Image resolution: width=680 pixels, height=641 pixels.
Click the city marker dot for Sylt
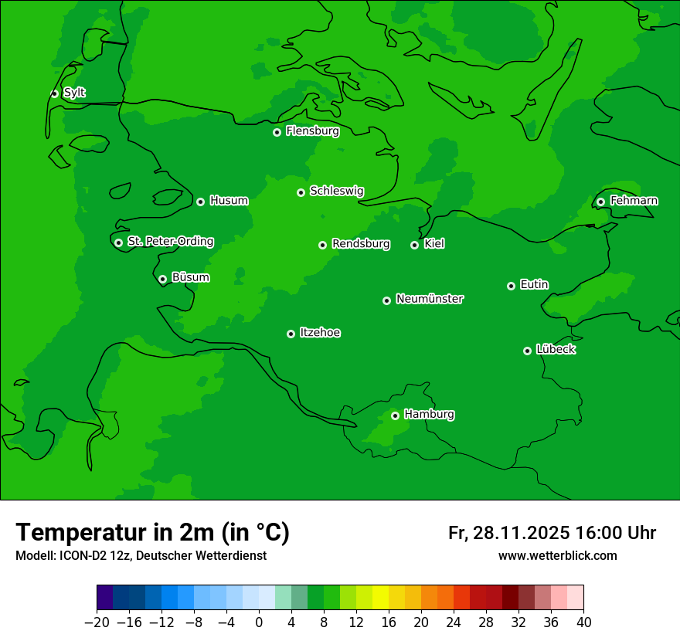(54, 93)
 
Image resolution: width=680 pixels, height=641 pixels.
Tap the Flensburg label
(312, 131)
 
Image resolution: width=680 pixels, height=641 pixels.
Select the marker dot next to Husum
(200, 202)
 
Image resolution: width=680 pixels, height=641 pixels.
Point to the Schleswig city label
(336, 191)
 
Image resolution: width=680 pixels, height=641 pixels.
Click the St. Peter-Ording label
(170, 241)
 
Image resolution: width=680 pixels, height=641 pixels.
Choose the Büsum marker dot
(162, 280)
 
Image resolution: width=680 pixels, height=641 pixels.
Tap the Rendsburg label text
(360, 244)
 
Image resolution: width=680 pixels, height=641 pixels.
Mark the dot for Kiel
(414, 245)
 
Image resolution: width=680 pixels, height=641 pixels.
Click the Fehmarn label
(634, 201)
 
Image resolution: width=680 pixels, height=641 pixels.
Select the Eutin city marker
(511, 286)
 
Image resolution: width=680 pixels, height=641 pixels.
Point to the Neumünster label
(429, 299)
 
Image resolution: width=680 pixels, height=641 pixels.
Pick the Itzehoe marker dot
(291, 334)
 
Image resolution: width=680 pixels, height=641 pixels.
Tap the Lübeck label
(555, 349)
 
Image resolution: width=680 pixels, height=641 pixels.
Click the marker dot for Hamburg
(395, 415)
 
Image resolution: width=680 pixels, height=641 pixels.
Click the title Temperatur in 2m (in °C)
(152, 532)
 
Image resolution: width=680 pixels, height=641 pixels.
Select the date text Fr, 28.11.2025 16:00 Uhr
(552, 533)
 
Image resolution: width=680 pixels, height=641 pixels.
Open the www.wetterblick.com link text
(557, 555)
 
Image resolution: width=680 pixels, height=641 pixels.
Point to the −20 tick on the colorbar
(97, 622)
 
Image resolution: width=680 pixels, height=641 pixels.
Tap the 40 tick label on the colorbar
(583, 622)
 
